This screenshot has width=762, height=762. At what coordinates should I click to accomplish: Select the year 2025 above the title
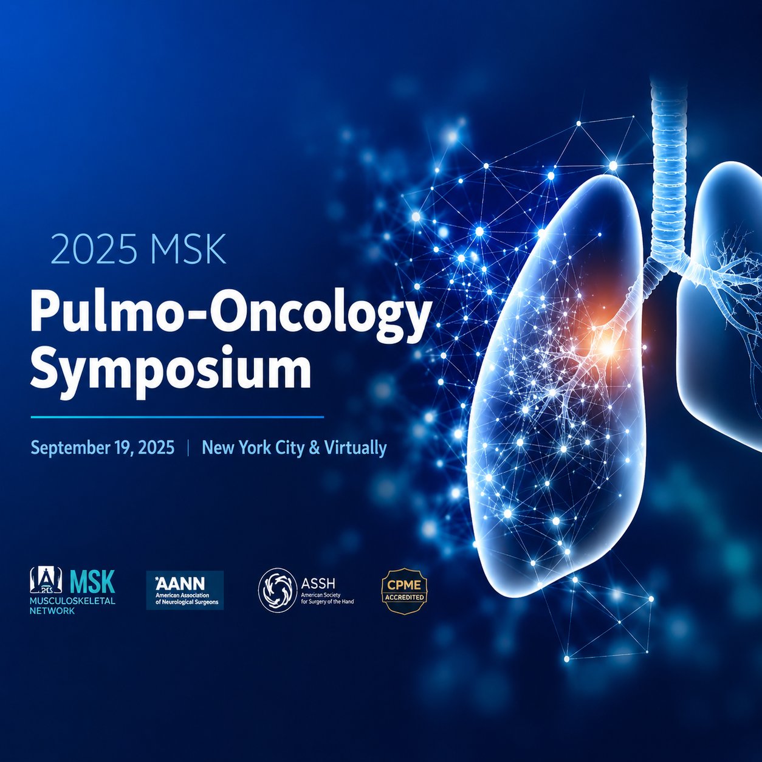[94, 249]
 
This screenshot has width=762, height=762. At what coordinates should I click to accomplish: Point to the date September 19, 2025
[103, 448]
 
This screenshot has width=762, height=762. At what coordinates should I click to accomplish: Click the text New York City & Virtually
[294, 448]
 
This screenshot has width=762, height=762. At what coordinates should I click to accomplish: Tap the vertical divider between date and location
[188, 448]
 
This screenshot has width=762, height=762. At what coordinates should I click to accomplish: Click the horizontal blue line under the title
[177, 417]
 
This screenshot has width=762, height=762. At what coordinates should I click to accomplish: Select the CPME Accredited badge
[404, 591]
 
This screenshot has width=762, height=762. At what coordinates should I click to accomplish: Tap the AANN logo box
[185, 590]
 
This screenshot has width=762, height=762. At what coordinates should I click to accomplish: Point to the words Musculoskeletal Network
[72, 605]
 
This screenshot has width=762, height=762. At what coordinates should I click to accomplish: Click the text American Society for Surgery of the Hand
[327, 599]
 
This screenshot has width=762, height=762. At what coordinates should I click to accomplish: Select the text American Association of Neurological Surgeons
[184, 599]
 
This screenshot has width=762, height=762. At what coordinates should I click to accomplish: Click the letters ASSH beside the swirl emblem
[318, 583]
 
